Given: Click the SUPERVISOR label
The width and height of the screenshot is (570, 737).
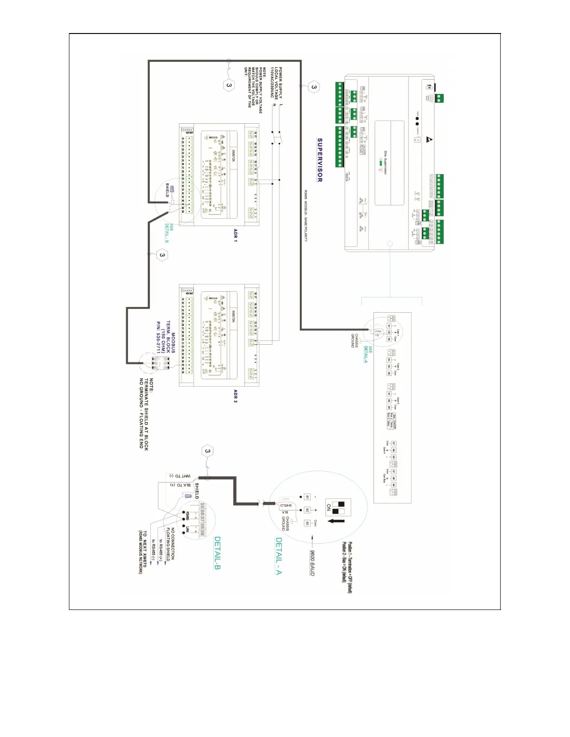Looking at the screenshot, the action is [320, 160].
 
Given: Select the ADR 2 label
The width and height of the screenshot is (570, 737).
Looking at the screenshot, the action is [235, 396].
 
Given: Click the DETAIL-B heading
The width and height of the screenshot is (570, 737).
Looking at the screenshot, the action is [217, 553].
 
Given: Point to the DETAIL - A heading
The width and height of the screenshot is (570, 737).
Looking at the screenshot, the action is [278, 556].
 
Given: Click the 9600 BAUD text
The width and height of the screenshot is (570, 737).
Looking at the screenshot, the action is [312, 563].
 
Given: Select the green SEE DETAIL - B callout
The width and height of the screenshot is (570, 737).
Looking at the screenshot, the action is [169, 233].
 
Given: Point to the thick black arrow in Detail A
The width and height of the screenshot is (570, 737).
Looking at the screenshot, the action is [336, 521].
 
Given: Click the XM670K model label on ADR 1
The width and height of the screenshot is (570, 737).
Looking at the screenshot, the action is [234, 154].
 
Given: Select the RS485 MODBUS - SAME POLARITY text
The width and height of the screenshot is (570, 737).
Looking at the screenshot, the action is [305, 215].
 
